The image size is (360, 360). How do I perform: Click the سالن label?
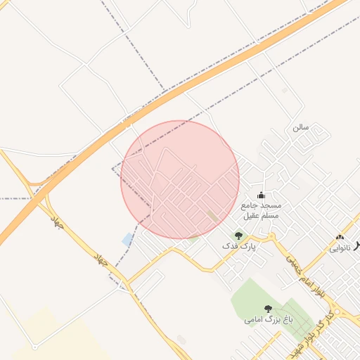(301, 127)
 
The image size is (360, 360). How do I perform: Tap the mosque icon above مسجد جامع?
(261, 195)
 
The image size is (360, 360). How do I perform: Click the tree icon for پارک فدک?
(238, 236)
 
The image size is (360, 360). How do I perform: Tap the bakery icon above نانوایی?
(340, 238)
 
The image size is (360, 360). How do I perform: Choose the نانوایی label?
(339, 249)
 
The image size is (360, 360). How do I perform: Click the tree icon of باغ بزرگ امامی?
(268, 309)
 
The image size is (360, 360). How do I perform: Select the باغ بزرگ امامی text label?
(268, 320)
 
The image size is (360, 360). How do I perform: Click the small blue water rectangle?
(127, 240)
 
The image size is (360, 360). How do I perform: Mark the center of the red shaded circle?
(180, 179)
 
